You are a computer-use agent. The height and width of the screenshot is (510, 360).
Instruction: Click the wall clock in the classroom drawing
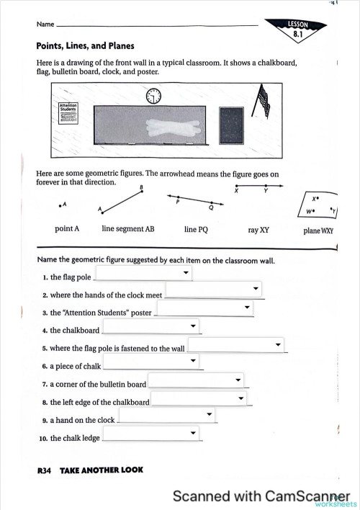point(153,96)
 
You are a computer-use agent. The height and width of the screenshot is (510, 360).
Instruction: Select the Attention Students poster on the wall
point(68,113)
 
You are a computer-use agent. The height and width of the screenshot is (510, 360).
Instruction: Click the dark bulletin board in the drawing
point(231,125)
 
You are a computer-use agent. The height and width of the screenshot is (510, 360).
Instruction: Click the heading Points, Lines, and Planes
point(85,46)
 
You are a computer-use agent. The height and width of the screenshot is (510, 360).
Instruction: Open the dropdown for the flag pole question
point(144,272)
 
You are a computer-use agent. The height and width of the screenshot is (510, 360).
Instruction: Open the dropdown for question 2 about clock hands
point(214,289)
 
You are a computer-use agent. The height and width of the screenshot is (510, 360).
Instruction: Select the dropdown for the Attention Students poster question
point(205,308)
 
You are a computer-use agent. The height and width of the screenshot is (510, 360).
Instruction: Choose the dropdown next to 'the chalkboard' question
point(151,326)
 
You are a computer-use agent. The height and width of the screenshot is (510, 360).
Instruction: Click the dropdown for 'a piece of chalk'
point(151,361)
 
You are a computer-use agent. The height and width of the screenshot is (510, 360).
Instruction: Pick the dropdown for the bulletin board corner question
point(196,380)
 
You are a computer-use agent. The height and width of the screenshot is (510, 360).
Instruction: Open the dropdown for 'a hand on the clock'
point(166,414)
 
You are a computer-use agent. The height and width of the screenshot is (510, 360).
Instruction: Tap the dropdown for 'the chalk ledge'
point(151,433)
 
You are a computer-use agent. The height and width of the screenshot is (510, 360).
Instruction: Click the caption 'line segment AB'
point(128,228)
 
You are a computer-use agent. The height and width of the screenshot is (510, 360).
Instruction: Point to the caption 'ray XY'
point(258,230)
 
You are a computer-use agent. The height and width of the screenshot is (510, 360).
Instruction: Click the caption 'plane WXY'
point(318,231)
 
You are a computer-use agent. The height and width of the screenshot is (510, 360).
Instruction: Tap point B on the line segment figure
point(142,192)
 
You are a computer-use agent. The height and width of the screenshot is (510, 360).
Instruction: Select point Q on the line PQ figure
point(212,202)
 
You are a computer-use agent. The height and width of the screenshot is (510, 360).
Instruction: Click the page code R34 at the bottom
point(44,470)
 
